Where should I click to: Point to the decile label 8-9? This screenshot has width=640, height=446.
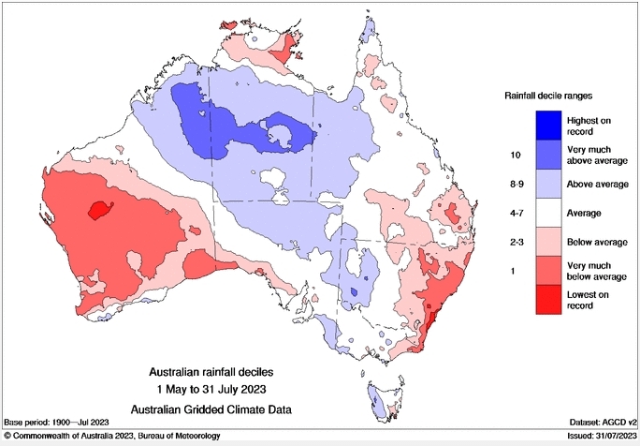click(514, 184)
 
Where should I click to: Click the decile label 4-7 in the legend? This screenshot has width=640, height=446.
click(514, 213)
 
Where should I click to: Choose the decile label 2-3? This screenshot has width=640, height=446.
click(514, 242)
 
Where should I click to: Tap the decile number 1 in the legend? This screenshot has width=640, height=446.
click(514, 271)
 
